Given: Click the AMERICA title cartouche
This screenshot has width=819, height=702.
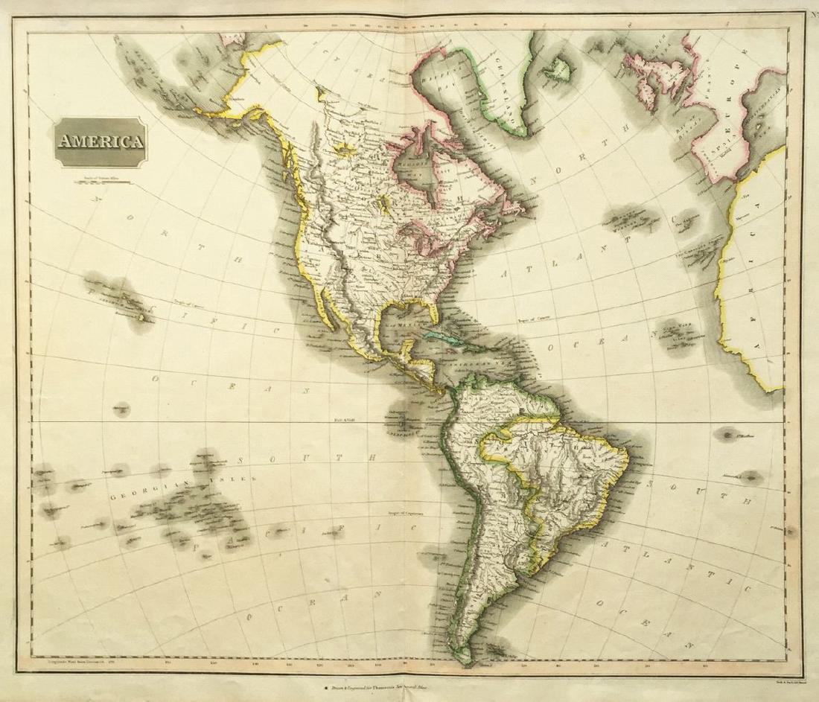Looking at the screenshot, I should click(x=99, y=141).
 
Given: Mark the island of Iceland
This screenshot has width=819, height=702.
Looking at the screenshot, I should click(x=555, y=70).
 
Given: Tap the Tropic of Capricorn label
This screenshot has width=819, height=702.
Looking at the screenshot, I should click(x=404, y=513).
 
